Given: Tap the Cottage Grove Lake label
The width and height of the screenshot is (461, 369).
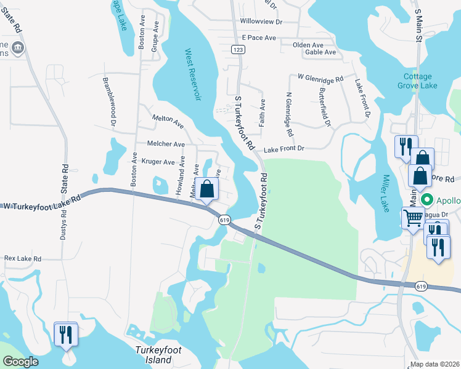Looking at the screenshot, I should (x=420, y=81).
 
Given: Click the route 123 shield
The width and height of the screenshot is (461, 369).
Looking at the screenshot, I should (x=239, y=48).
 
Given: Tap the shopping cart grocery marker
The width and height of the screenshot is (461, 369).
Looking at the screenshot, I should (x=413, y=217).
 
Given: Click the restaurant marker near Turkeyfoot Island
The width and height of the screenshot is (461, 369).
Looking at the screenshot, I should (x=65, y=333).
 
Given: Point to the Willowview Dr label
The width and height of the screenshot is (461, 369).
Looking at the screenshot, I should (x=261, y=22).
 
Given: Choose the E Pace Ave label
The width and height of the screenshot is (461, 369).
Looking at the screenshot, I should (x=259, y=38).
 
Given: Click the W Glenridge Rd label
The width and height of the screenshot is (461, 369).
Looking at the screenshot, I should (x=320, y=79).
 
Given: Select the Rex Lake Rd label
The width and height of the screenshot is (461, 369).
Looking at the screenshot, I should (x=23, y=259).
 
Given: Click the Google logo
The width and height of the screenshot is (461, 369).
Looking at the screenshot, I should (x=20, y=362).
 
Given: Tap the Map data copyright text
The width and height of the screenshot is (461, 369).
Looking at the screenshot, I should (x=434, y=364).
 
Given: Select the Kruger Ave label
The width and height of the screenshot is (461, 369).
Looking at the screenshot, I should (x=158, y=162).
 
